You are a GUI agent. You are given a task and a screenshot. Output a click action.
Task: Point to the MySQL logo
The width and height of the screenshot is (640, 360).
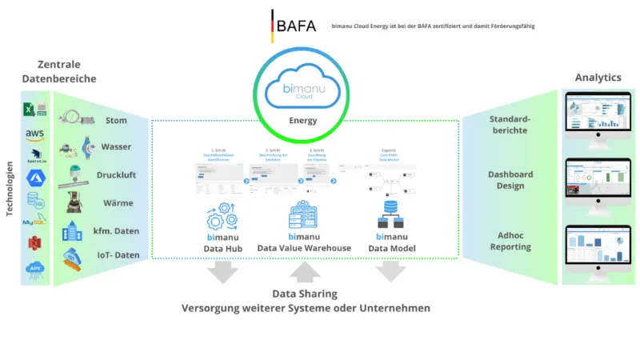click(x=34, y=221)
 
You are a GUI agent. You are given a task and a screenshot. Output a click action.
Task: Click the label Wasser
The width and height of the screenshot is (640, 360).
click(x=116, y=147)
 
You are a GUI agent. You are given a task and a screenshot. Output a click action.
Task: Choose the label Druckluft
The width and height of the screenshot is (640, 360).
click(x=116, y=174)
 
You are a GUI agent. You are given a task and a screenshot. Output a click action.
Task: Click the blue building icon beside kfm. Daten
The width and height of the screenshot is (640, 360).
click(x=74, y=230)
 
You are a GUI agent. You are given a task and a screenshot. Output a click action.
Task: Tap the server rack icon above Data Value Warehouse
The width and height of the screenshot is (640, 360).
click(x=304, y=214)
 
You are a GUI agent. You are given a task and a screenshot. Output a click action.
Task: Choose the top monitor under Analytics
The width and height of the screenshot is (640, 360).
click(x=599, y=116)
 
